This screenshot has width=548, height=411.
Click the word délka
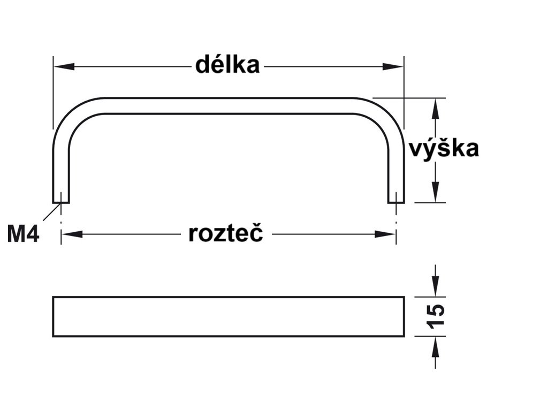(227, 64)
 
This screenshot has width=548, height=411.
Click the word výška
(444, 148)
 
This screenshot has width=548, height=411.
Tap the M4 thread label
(23, 234)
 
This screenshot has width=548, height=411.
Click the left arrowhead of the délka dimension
(64, 66)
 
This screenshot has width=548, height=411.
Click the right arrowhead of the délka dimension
(393, 66)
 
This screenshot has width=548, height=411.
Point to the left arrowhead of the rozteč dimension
(72, 234)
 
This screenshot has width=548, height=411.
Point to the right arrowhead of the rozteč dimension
(385, 234)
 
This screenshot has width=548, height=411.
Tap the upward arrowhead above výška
(435, 109)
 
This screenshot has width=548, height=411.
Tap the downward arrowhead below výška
(435, 192)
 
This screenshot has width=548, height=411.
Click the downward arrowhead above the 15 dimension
(435, 286)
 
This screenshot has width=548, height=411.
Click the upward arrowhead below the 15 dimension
(435, 347)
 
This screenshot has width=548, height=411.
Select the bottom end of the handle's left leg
(61, 202)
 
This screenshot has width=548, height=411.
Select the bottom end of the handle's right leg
(397, 202)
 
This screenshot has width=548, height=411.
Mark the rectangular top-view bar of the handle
(229, 317)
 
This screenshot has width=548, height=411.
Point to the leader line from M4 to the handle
(52, 211)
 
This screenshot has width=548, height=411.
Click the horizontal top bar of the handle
(229, 105)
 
